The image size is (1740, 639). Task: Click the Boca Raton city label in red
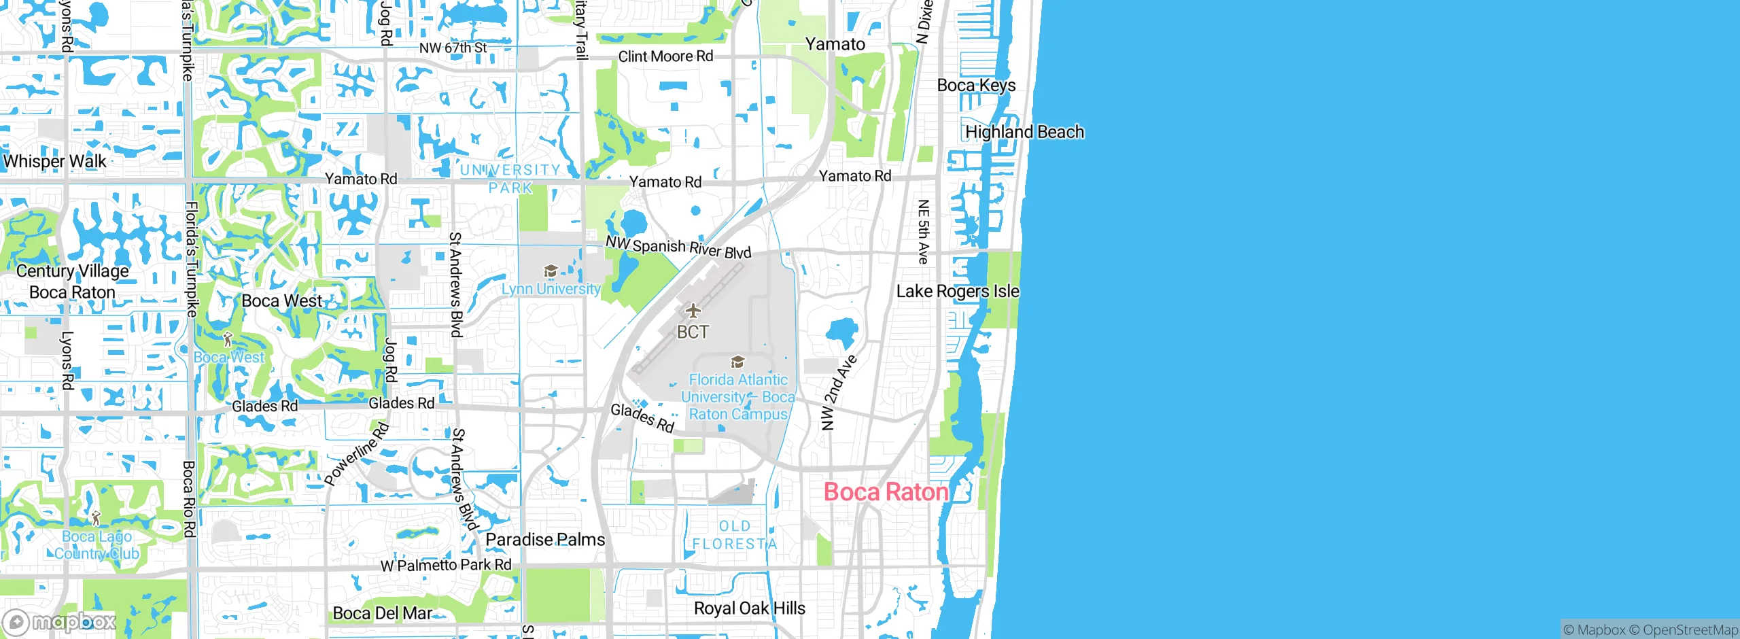[x=886, y=491]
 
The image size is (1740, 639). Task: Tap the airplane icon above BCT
[x=693, y=311]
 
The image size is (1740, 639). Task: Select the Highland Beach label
[x=1024, y=132]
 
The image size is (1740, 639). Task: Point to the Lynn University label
[x=551, y=289]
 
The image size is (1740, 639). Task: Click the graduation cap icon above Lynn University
[x=551, y=272]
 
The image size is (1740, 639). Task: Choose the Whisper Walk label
[x=55, y=162]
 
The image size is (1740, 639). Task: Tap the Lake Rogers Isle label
[x=958, y=292]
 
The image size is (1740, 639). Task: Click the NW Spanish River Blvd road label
[x=678, y=247]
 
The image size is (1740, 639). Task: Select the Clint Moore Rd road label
[x=665, y=56]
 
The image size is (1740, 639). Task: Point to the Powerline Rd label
[x=357, y=454]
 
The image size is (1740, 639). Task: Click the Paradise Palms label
[x=545, y=540]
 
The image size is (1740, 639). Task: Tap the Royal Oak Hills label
[x=749, y=608]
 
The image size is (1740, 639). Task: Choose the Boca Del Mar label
[x=382, y=613]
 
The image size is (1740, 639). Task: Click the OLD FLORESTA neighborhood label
[x=735, y=535]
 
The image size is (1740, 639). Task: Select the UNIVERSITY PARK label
[x=510, y=178]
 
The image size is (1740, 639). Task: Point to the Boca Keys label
[x=976, y=86]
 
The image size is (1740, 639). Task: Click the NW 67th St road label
[x=453, y=48]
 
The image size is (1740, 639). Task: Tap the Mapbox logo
[x=60, y=621]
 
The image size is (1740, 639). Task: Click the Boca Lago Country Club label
[x=97, y=545]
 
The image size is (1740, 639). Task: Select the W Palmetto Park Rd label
[x=446, y=565]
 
